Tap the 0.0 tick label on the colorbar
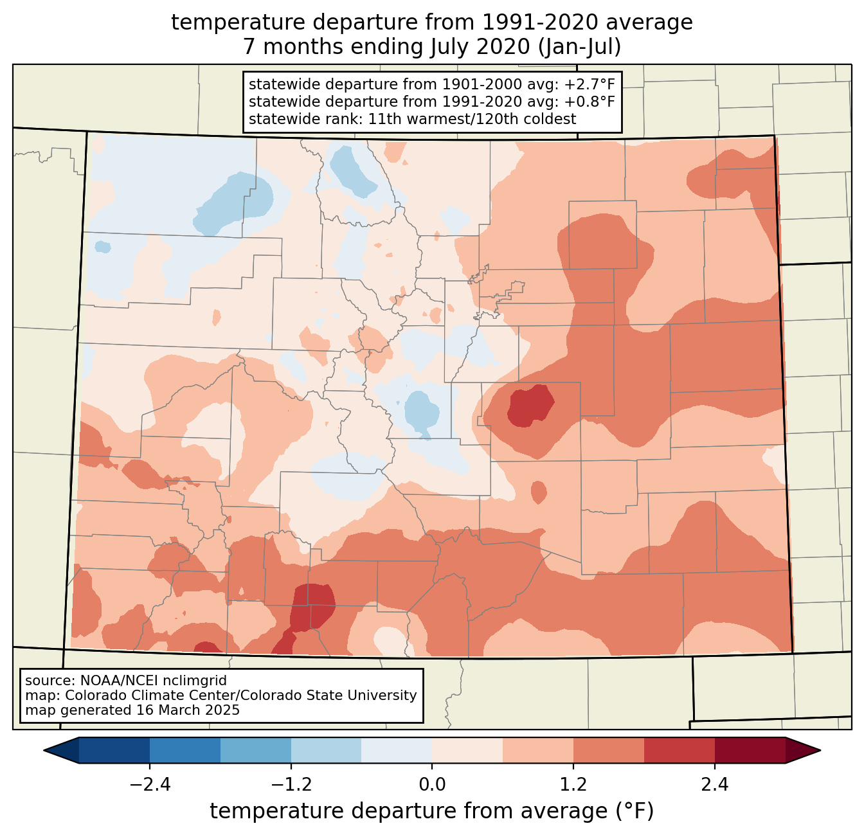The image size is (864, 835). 432,785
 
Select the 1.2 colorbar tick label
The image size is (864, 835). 573,785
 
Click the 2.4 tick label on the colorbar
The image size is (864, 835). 715,785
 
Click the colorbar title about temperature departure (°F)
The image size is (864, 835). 432,811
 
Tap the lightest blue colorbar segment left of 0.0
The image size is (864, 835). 397,750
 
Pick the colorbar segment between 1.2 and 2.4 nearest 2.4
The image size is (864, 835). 679,750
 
